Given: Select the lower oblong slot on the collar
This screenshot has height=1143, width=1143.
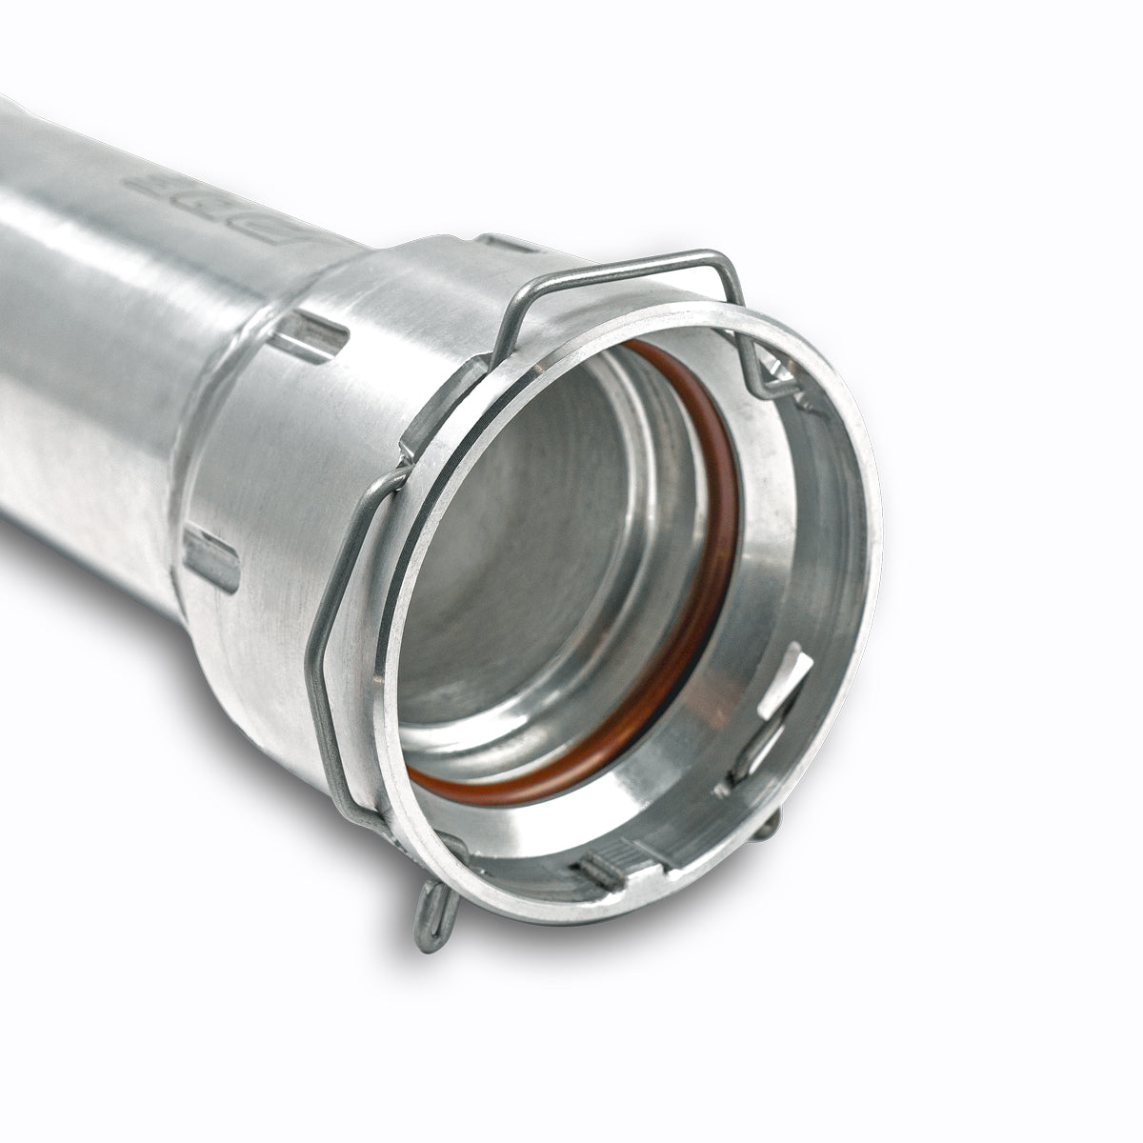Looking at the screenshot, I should [x=212, y=560].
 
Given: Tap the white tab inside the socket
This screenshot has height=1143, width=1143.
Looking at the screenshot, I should [x=786, y=682].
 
